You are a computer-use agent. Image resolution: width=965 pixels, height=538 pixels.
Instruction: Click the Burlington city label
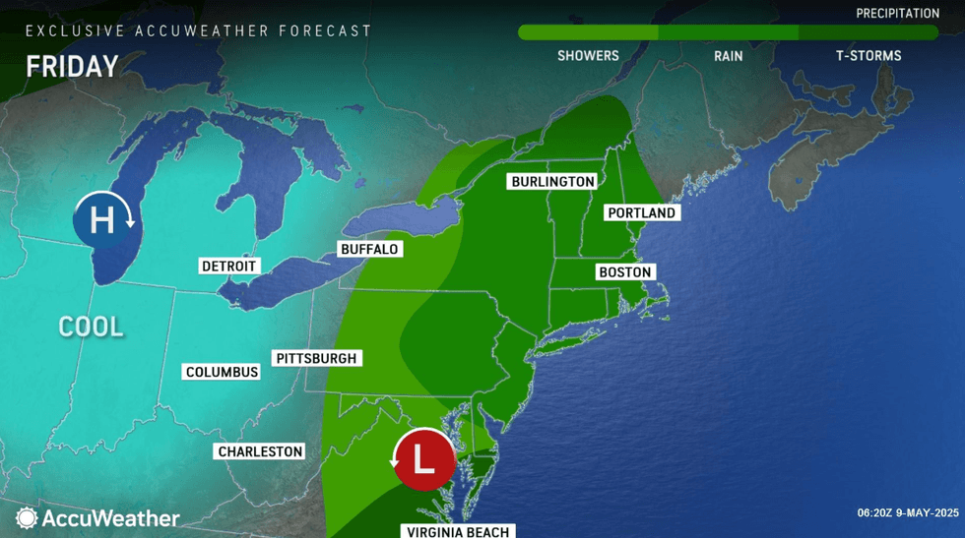[552, 181]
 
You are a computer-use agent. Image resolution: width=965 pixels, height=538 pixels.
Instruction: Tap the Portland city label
[641, 212]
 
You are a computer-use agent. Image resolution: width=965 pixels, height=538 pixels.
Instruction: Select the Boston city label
[624, 271]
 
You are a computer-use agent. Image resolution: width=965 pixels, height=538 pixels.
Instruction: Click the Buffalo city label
[369, 249]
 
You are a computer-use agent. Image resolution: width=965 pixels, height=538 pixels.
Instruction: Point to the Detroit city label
[228, 266]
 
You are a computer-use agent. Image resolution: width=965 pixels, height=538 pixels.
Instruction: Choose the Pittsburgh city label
[316, 358]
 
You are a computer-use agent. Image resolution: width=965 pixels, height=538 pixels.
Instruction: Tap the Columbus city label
[223, 372]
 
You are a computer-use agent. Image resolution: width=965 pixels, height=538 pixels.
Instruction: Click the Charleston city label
[260, 451]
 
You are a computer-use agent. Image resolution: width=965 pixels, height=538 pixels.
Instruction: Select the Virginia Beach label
[458, 531]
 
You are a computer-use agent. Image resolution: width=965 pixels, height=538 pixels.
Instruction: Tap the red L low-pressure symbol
[424, 458]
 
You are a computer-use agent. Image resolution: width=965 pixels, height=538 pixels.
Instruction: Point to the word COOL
[92, 327]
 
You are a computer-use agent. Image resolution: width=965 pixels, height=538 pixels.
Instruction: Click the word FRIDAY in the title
[72, 66]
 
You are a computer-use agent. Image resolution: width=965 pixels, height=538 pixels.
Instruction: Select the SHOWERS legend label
[588, 56]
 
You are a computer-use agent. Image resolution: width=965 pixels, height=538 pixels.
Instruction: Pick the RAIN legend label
[728, 56]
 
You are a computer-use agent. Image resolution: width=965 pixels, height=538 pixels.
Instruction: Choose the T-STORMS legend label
[868, 56]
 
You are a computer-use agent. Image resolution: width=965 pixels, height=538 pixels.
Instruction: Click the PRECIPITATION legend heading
[897, 14]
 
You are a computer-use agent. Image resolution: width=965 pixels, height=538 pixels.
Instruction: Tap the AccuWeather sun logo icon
[27, 517]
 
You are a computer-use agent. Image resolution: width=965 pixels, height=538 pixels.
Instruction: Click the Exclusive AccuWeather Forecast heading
[199, 30]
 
